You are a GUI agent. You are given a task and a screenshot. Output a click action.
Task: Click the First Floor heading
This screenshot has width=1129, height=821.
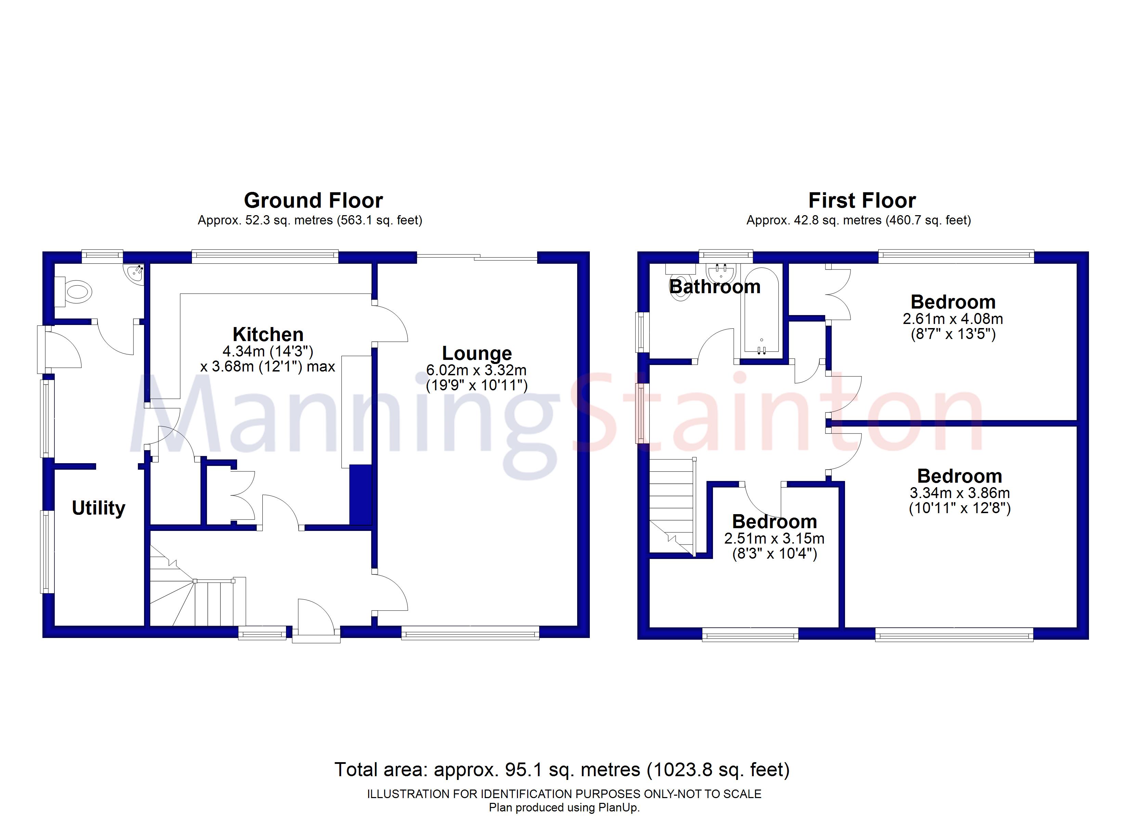862,201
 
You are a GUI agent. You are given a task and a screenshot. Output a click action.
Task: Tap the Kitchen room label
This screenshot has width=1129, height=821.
268,334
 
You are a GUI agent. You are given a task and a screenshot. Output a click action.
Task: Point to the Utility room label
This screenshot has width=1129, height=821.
99,508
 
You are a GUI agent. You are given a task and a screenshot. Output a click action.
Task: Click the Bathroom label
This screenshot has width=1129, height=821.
715,287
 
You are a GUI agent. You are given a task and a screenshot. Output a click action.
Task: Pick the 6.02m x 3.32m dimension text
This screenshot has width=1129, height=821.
476,370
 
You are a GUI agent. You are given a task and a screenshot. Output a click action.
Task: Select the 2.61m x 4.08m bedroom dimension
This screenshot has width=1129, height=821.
953,318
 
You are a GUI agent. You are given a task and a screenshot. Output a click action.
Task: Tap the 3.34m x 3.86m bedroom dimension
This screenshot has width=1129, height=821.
960,493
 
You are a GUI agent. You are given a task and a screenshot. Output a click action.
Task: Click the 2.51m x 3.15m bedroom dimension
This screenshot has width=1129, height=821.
775,538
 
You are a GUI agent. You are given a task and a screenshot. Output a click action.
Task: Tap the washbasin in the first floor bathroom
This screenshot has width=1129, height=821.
720,273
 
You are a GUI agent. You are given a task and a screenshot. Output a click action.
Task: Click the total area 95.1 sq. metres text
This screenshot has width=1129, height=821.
561,770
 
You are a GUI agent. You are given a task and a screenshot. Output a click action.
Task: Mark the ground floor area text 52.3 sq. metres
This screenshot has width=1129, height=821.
310,220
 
